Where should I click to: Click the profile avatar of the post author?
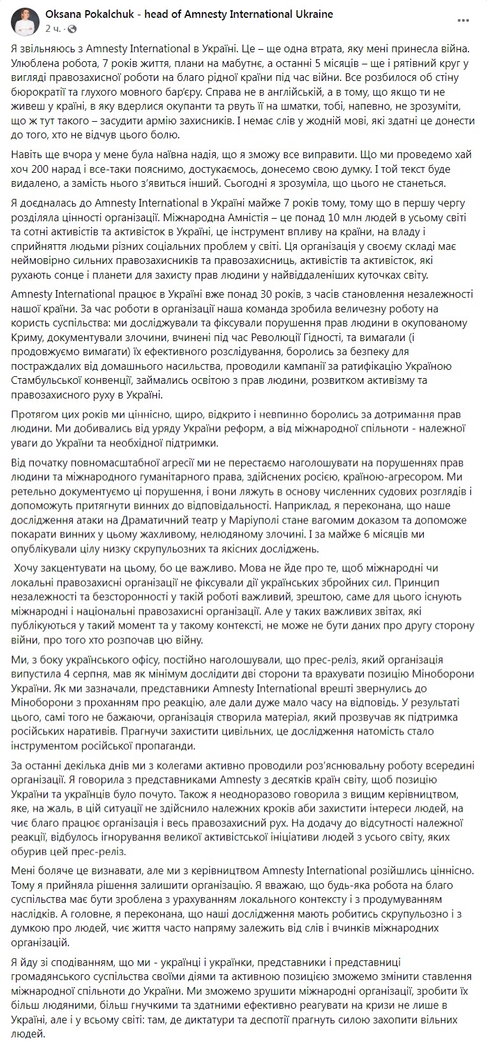(24, 21)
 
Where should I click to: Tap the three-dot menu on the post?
(463, 21)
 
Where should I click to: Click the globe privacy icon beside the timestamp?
(71, 29)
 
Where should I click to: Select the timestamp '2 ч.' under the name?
(52, 29)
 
